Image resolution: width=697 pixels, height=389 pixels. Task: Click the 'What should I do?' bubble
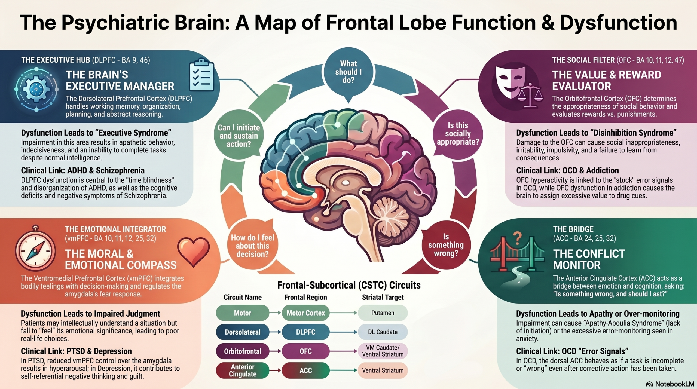(x=348, y=73)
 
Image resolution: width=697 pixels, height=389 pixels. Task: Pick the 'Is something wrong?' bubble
(x=446, y=245)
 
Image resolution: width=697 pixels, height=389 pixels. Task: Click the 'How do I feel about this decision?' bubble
(x=252, y=245)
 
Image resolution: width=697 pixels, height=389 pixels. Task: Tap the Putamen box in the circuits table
(x=383, y=313)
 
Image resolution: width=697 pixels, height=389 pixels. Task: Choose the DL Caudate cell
(x=383, y=332)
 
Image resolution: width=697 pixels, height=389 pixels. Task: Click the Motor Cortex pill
(x=305, y=313)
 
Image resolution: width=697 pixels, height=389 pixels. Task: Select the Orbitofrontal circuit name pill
(x=243, y=351)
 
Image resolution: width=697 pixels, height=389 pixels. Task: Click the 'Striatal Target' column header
(x=383, y=297)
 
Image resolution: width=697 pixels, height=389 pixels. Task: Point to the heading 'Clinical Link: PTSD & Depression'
(x=76, y=351)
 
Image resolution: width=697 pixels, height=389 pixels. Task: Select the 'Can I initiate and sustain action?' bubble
(x=239, y=135)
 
